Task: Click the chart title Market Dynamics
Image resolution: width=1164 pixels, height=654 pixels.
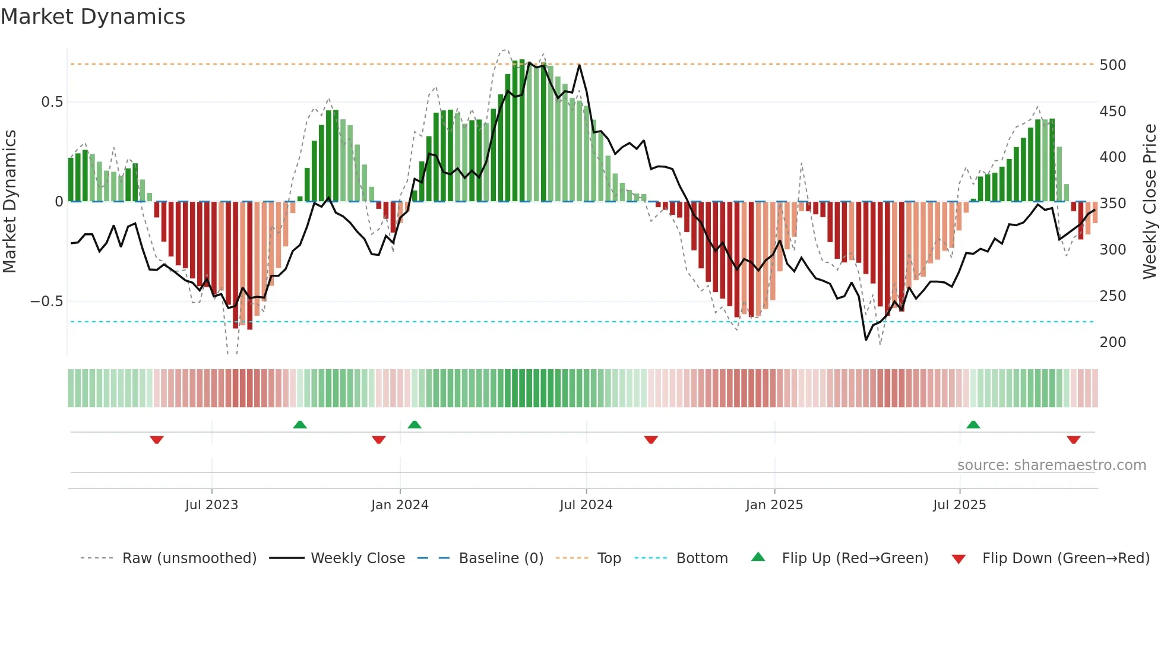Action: point(93,17)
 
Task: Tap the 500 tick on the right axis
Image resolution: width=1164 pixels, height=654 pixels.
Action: point(1112,65)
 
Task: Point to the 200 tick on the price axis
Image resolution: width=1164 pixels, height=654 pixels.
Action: point(1112,342)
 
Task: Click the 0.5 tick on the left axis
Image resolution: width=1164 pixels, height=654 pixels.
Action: point(52,102)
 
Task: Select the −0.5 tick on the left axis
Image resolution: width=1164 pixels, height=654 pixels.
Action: point(47,301)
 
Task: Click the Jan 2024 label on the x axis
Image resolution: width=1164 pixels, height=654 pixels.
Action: point(400,505)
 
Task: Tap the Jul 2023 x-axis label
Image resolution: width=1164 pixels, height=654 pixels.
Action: point(211,505)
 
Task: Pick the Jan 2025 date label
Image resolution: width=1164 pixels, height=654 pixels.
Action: point(774,505)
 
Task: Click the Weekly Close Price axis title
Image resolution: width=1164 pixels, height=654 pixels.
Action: point(1150,201)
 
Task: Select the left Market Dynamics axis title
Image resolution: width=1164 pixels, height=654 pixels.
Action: point(10,201)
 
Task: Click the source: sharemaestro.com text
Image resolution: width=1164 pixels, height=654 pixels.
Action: point(1051,465)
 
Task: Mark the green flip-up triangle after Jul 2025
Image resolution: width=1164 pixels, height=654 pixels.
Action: point(973,424)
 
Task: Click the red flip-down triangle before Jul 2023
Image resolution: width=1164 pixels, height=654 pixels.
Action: point(157,440)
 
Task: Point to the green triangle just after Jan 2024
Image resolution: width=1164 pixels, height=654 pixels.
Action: point(415,424)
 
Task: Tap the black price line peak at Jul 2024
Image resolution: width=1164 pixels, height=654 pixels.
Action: point(580,65)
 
